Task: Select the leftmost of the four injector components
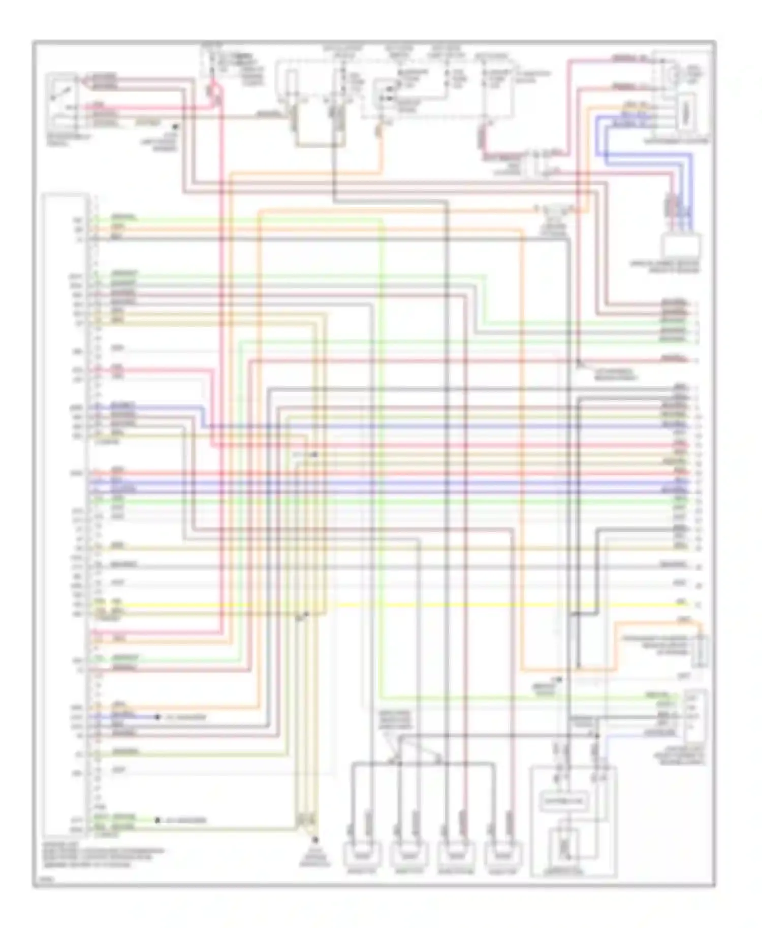[362, 854]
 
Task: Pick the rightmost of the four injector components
[503, 854]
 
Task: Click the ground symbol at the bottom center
[315, 840]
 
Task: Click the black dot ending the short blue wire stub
[157, 717]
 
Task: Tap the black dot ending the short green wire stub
[157, 820]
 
